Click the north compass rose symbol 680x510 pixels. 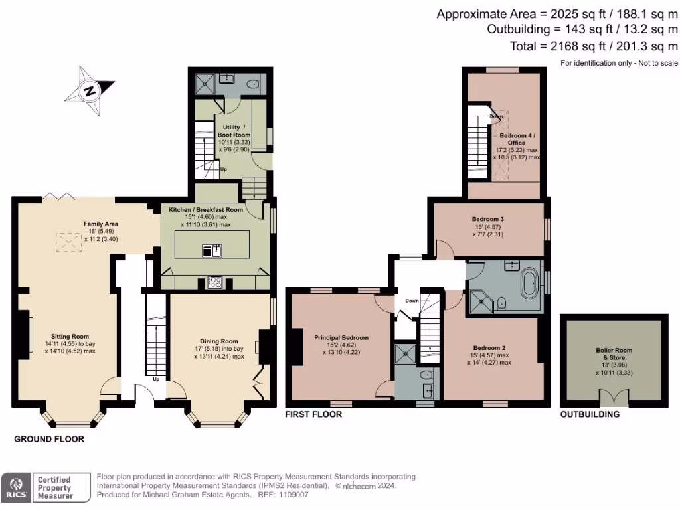point(88,88)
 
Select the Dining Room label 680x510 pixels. point(218,341)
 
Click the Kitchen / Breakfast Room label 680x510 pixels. point(205,209)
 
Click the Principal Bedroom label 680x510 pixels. point(341,338)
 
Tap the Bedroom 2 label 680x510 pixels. point(490,348)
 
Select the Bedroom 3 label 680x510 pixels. point(488,219)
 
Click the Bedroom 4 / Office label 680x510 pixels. point(516,139)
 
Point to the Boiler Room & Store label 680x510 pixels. point(614,354)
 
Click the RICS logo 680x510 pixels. point(17,487)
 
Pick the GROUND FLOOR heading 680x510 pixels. point(49,440)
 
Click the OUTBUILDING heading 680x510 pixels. point(590,414)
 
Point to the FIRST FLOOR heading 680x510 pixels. point(313,414)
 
